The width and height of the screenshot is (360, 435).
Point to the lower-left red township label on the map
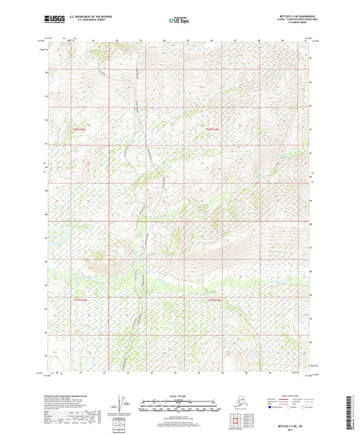[x=80, y=298]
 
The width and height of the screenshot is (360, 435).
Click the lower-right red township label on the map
[x=213, y=299]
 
